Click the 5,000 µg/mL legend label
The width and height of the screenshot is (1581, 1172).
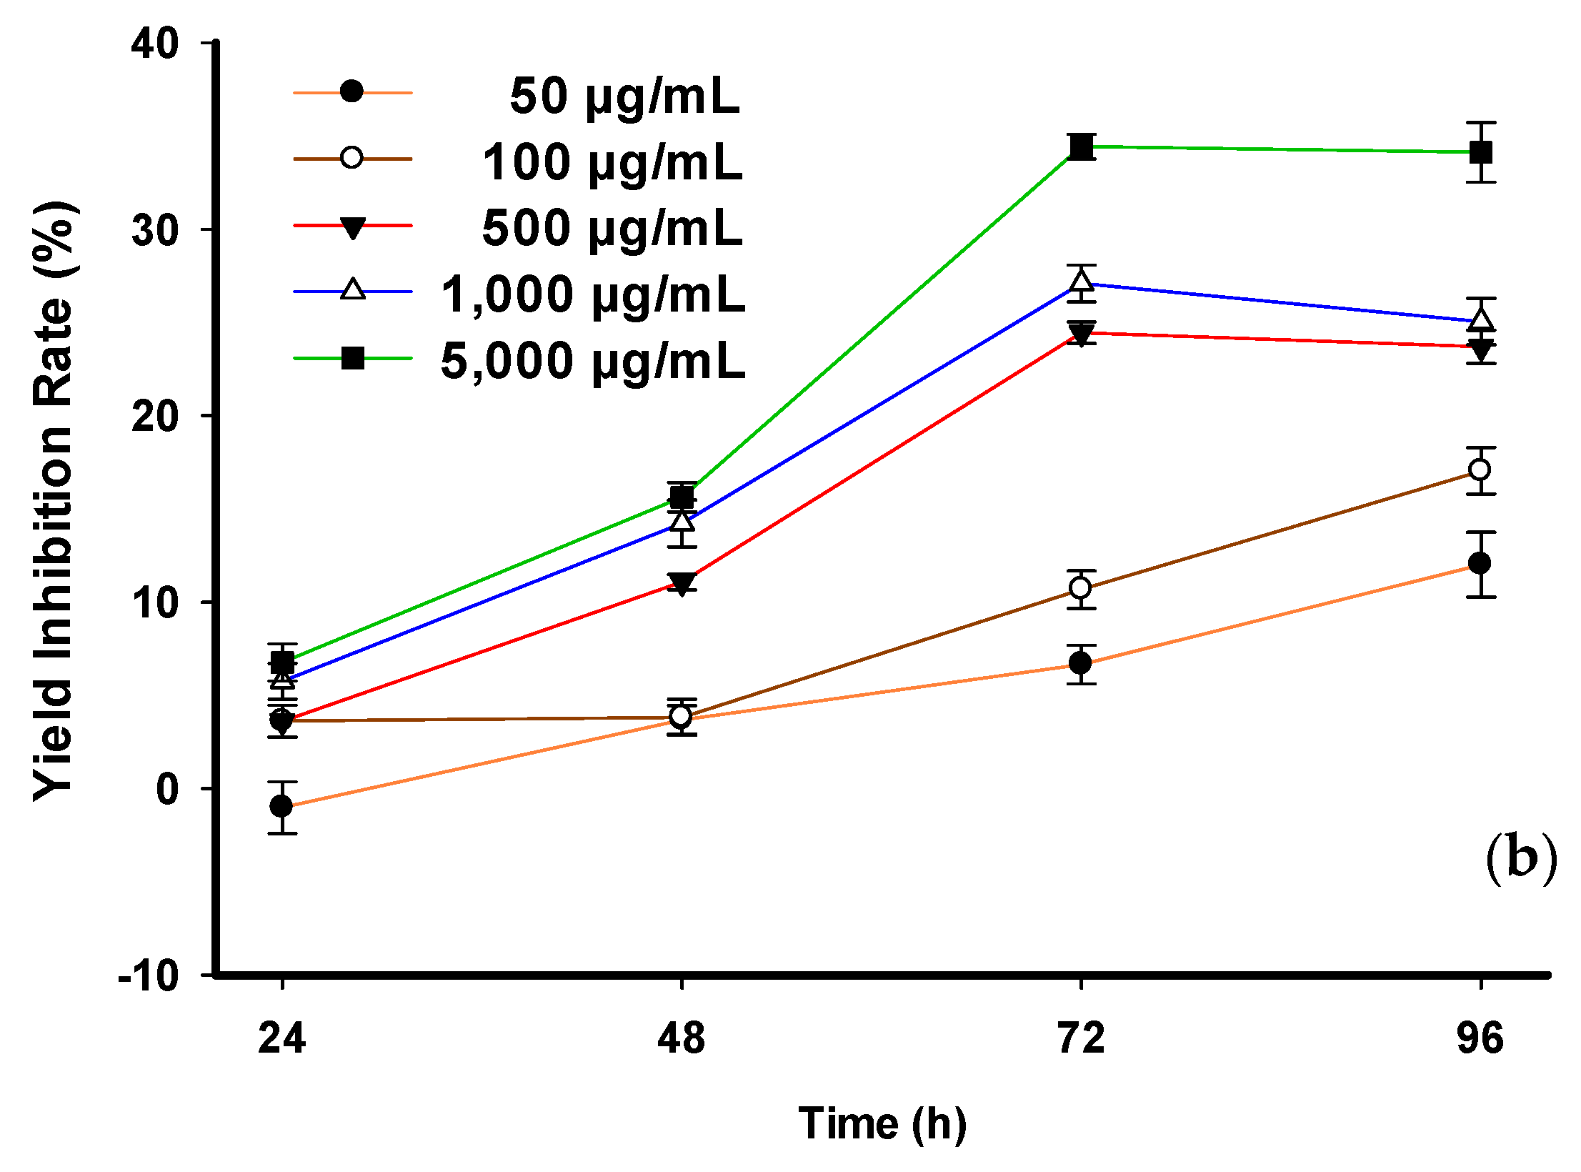[x=593, y=361]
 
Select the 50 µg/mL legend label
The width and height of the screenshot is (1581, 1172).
[x=624, y=96]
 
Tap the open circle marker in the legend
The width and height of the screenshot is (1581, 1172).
[x=351, y=157]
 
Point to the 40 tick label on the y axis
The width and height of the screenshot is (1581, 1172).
[x=154, y=44]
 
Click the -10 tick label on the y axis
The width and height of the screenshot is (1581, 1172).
[x=149, y=975]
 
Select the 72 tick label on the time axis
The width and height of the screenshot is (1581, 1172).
[x=1081, y=1038]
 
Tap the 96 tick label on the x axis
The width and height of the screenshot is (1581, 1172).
[x=1480, y=1038]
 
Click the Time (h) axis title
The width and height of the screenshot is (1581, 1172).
[x=882, y=1124]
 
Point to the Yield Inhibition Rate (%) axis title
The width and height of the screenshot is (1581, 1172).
[x=54, y=500]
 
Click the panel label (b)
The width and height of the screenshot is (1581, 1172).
[x=1520, y=858]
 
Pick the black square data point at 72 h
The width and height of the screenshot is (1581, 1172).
[x=1082, y=147]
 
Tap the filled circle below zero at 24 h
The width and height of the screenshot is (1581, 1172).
[x=281, y=806]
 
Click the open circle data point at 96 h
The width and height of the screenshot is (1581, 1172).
[x=1480, y=470]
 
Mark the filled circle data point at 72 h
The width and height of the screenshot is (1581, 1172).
[x=1081, y=663]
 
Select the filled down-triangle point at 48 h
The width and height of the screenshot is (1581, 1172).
[x=682, y=583]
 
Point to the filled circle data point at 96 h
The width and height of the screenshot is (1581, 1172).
[x=1480, y=563]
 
